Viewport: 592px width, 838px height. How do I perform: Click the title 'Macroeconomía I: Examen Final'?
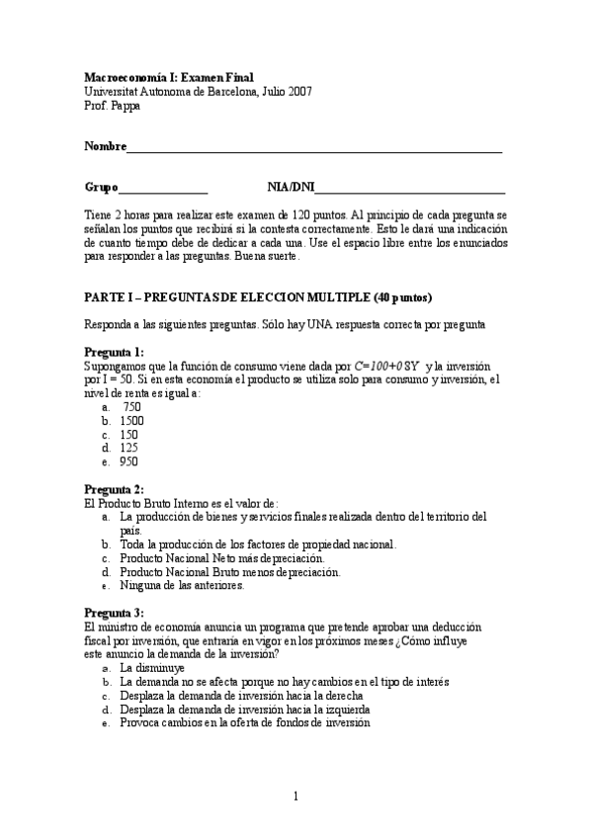click(168, 77)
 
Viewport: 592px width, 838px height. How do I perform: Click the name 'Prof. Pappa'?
click(113, 106)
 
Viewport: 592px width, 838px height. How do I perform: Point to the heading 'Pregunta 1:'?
click(114, 352)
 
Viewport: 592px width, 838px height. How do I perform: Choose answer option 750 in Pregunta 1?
click(131, 407)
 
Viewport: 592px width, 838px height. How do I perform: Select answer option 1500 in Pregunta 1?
click(131, 421)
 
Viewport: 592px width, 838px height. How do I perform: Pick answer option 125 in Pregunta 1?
click(128, 448)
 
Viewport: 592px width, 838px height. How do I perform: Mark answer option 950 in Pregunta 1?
click(128, 461)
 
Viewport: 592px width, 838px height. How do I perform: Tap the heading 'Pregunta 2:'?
click(114, 489)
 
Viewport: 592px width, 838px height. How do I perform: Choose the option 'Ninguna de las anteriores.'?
click(182, 585)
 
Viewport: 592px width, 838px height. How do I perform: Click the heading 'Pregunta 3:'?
click(114, 613)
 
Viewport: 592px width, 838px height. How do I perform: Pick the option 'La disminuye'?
click(151, 668)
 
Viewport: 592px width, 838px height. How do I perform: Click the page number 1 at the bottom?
click(296, 796)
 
